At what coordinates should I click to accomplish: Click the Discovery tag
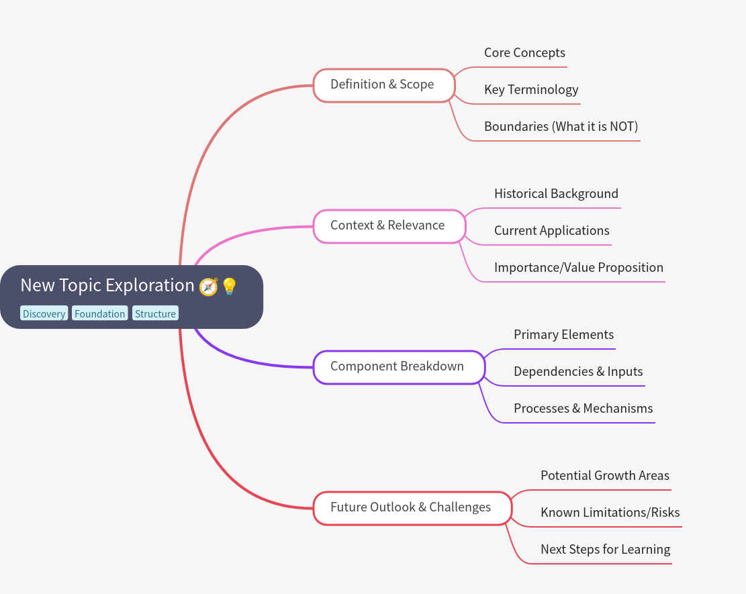tap(44, 313)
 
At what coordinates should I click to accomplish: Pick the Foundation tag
tap(100, 313)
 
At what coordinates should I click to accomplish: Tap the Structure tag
tap(155, 313)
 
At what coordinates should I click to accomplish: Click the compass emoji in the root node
tap(209, 287)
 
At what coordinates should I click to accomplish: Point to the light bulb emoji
tap(230, 287)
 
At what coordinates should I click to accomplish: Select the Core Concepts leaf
tap(524, 53)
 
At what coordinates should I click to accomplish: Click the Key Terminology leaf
tap(531, 90)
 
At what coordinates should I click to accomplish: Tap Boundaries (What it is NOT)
tap(561, 127)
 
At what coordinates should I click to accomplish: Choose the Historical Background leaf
tap(556, 194)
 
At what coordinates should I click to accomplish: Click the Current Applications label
tap(552, 231)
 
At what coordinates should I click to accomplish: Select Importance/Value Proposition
tap(579, 268)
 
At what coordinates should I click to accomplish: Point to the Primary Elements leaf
tap(563, 335)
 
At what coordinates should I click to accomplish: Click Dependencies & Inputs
tap(578, 372)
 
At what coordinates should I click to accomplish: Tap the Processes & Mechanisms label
tap(583, 409)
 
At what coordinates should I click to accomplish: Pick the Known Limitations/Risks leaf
tap(610, 513)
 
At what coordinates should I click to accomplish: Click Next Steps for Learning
tap(605, 550)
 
